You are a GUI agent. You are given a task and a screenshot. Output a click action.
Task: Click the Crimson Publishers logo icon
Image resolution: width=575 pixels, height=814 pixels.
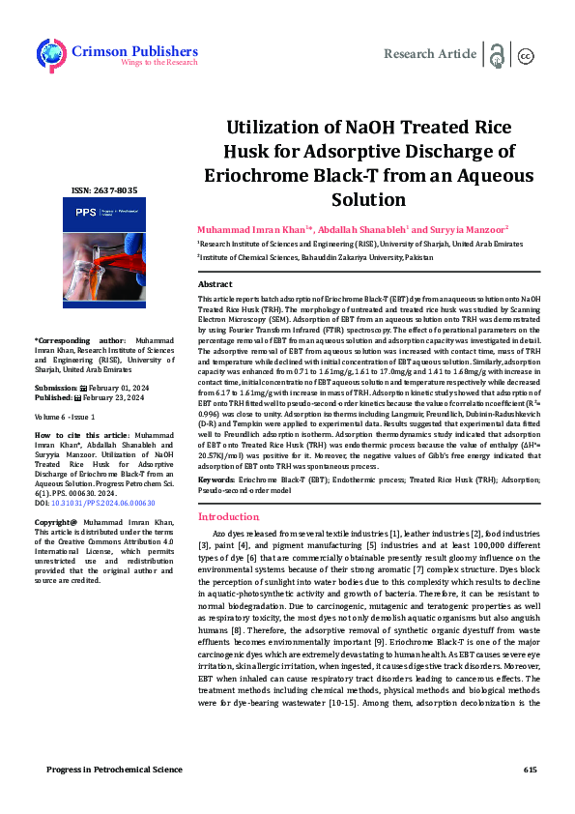click(x=51, y=55)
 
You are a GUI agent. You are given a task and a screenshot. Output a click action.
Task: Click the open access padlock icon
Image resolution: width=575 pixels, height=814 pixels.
click(x=498, y=55)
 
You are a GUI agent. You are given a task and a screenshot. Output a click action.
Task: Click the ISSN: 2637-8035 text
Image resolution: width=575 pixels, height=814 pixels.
click(x=105, y=189)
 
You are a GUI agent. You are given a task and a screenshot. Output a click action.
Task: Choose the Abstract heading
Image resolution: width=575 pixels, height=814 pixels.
click(x=215, y=284)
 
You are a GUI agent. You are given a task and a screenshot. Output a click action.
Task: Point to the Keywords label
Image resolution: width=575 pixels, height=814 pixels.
click(x=216, y=480)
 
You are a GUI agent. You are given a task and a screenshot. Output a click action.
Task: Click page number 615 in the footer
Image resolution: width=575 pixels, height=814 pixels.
click(x=530, y=769)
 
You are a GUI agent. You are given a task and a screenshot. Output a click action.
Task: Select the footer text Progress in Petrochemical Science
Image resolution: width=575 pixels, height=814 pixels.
click(x=114, y=769)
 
